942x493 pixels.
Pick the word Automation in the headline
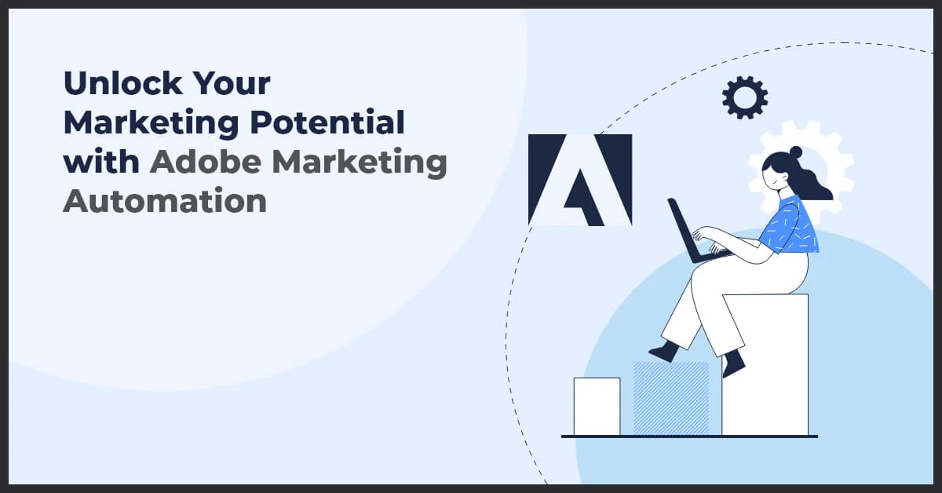click(x=165, y=202)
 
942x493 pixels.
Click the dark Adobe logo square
click(x=580, y=180)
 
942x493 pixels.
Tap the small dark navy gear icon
click(x=744, y=97)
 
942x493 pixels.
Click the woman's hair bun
click(x=795, y=152)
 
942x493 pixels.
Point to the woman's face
click(x=777, y=174)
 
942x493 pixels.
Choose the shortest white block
click(x=597, y=406)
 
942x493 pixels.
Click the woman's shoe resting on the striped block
click(x=664, y=351)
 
